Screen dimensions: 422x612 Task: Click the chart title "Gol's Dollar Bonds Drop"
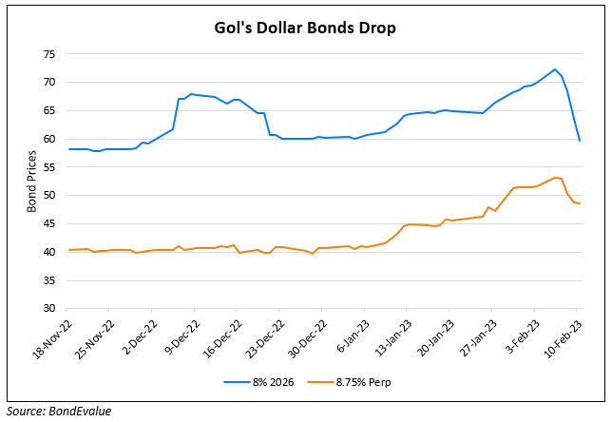304,28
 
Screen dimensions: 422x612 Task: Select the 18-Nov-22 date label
47,338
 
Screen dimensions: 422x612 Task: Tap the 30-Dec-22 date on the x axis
301,338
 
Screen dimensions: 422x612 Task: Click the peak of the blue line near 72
555,69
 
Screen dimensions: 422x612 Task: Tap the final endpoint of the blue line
580,141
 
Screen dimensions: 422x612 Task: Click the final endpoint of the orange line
580,203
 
